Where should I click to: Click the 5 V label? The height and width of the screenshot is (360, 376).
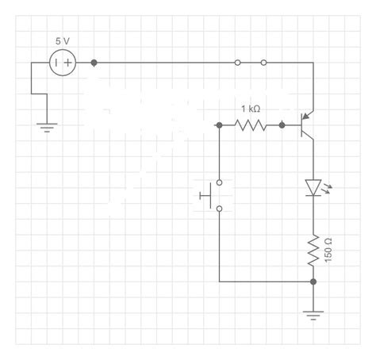click(x=62, y=40)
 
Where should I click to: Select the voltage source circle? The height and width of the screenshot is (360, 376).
click(x=63, y=62)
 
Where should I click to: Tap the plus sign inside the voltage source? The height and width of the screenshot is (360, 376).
click(x=69, y=62)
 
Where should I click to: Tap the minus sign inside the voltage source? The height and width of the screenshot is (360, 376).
click(x=56, y=62)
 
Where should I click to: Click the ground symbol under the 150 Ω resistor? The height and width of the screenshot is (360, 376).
click(x=314, y=315)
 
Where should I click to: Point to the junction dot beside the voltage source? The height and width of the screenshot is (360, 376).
click(x=94, y=62)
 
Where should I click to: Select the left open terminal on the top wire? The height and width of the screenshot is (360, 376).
click(x=238, y=62)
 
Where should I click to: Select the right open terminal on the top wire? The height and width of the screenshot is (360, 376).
click(x=264, y=62)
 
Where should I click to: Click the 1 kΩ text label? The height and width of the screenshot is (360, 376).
click(x=251, y=109)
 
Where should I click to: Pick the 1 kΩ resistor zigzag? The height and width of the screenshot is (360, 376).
click(x=251, y=124)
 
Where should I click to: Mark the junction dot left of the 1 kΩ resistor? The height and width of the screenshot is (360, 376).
click(x=219, y=124)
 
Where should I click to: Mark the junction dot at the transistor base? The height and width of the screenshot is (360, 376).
click(x=282, y=124)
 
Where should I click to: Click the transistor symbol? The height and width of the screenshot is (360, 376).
click(x=308, y=124)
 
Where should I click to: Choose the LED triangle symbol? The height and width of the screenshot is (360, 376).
click(x=314, y=187)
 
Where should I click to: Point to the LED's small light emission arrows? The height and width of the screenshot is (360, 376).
click(x=328, y=189)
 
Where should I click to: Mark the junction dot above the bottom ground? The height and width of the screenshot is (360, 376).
click(x=314, y=281)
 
